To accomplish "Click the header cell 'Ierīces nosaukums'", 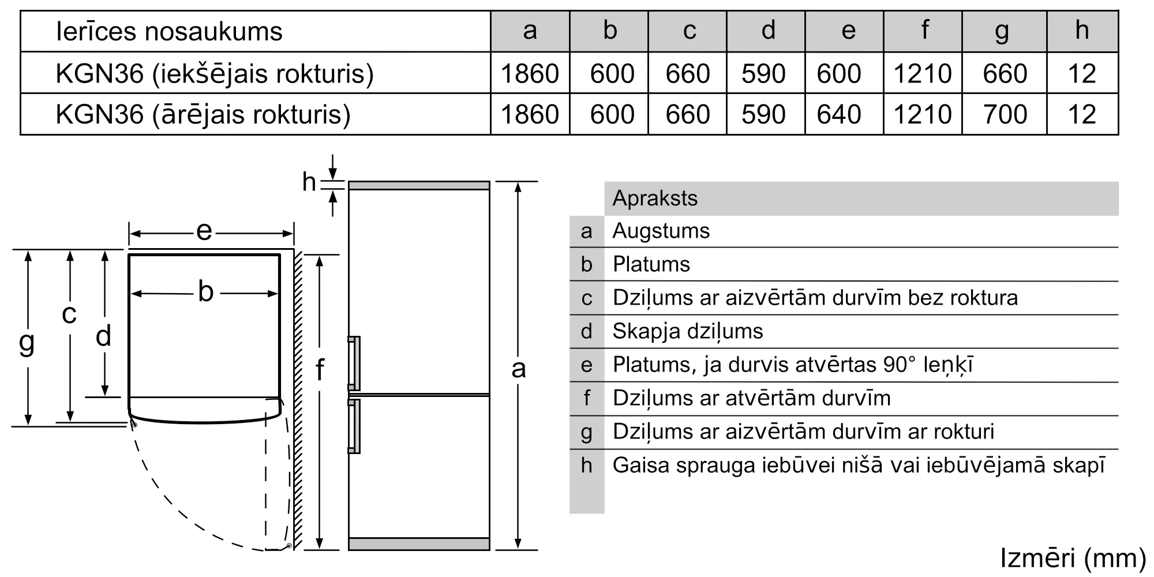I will pyautogui.click(x=169, y=31).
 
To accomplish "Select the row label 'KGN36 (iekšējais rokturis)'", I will pyautogui.click(x=215, y=73).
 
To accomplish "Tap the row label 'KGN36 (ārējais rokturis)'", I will pyautogui.click(x=203, y=114).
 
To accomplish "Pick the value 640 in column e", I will pyautogui.click(x=839, y=114).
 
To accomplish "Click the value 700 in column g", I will pyautogui.click(x=1005, y=114).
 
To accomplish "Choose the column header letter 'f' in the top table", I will pyautogui.click(x=924, y=30).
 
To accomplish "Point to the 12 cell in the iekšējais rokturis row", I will pyautogui.click(x=1082, y=73).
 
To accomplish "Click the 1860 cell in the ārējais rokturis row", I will pyautogui.click(x=530, y=114).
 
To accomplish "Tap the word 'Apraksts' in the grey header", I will pyautogui.click(x=655, y=198).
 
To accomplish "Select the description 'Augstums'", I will pyautogui.click(x=661, y=231).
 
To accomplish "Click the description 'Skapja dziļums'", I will pyautogui.click(x=688, y=331).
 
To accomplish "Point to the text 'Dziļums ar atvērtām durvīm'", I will pyautogui.click(x=751, y=398).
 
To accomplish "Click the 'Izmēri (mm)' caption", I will pyautogui.click(x=1073, y=558).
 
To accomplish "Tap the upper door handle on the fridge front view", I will pyautogui.click(x=354, y=363).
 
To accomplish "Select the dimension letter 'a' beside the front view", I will pyautogui.click(x=518, y=368).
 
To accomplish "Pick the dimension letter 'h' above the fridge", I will pyautogui.click(x=309, y=182).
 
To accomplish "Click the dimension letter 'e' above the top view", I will pyautogui.click(x=204, y=232).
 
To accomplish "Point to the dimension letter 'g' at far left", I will pyautogui.click(x=27, y=342).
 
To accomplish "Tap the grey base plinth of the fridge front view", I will pyautogui.click(x=419, y=544).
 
